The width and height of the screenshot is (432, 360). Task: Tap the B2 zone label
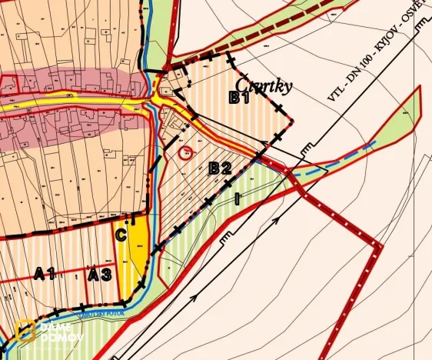click(221, 168)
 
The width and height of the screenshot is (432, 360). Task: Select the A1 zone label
click(45, 273)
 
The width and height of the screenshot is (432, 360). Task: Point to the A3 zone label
click(99, 274)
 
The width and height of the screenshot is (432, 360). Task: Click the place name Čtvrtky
click(264, 85)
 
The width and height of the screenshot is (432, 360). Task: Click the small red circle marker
click(185, 152)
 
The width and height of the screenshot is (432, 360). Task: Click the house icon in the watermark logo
click(25, 332)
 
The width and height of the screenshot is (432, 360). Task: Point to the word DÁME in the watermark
click(58, 326)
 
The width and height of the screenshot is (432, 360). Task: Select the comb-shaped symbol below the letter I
click(228, 239)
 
